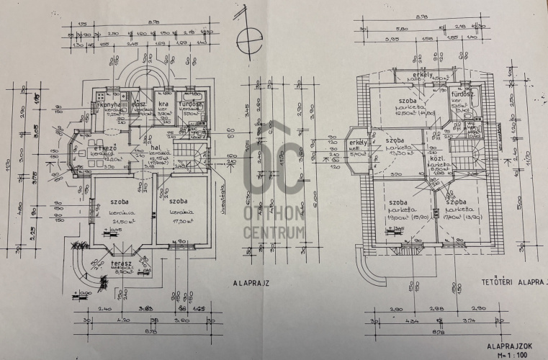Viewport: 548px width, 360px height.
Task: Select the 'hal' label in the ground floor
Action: coord(156,148)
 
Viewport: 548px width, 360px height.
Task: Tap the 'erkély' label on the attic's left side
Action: coord(357,144)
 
